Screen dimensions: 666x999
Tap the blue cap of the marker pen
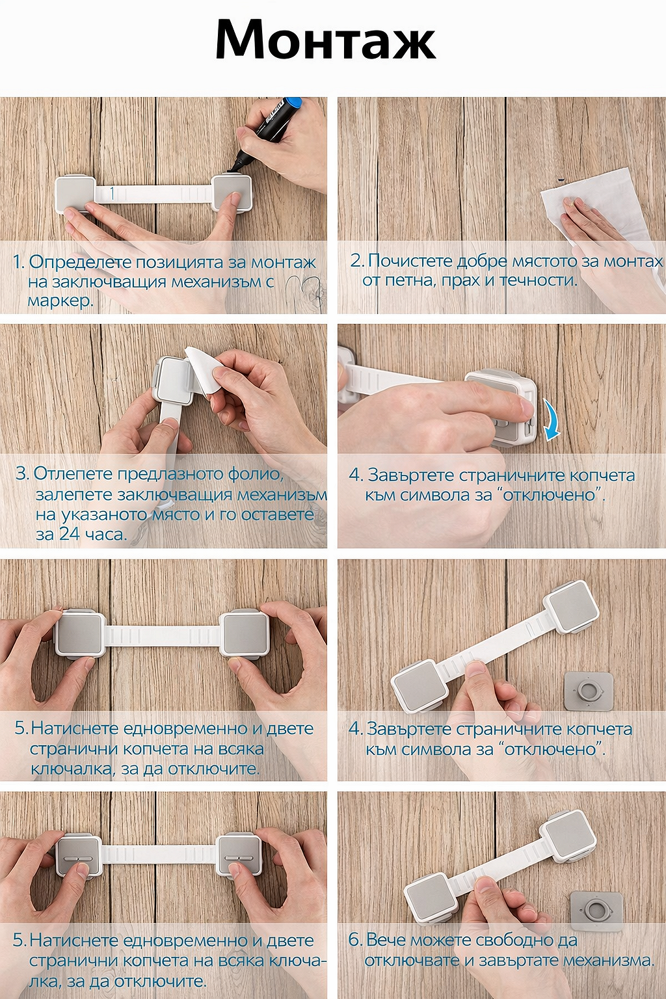coord(292,106)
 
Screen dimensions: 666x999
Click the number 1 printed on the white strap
coord(112,193)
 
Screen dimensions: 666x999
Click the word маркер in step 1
coord(60,301)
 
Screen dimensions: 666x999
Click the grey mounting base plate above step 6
coord(597,909)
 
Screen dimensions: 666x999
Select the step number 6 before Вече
coord(354,940)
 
